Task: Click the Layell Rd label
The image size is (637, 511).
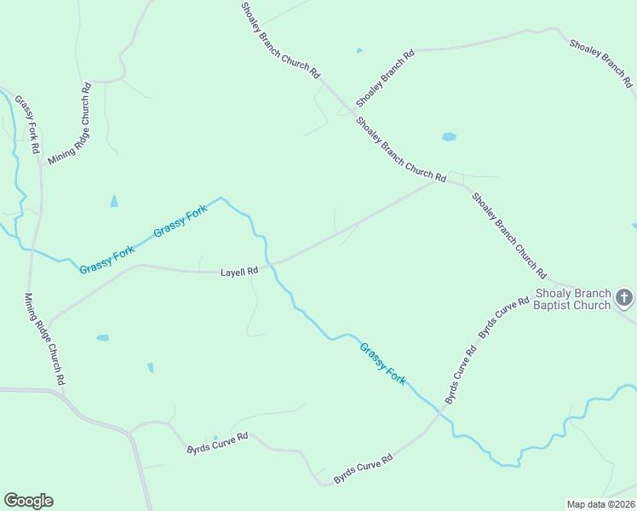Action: click(239, 272)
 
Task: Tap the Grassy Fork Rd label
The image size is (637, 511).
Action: click(26, 123)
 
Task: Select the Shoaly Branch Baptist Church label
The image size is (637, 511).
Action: click(572, 299)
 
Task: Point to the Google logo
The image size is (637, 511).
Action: click(28, 501)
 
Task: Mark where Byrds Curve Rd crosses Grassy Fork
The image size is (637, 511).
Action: click(439, 413)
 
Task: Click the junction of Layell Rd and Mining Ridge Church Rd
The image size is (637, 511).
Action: click(49, 324)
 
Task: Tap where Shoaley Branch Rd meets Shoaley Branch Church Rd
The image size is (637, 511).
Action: click(350, 111)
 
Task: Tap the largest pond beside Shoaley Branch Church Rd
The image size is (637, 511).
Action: click(449, 136)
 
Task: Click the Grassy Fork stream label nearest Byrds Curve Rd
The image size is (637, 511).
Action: click(382, 362)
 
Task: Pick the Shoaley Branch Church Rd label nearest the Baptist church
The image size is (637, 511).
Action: click(509, 235)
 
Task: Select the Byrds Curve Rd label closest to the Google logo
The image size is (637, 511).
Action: click(217, 442)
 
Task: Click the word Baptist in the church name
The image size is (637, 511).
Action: click(556, 305)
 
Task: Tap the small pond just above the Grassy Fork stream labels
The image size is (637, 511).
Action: click(114, 202)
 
